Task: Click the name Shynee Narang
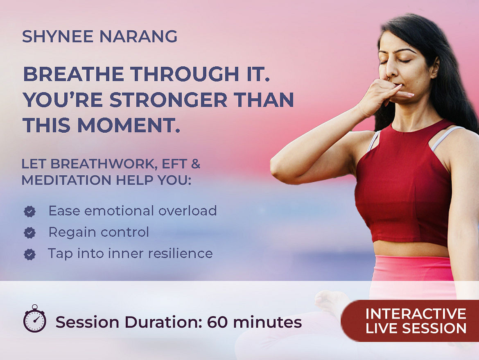99,36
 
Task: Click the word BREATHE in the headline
74,74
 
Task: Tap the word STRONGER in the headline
169,100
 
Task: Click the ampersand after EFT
196,164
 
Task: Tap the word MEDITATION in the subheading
66,180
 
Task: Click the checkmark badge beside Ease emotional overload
29,211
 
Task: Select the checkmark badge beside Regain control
29,233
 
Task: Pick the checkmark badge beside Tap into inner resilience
29,254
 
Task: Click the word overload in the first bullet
187,211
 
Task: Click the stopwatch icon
35,319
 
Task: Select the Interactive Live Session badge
410,321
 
